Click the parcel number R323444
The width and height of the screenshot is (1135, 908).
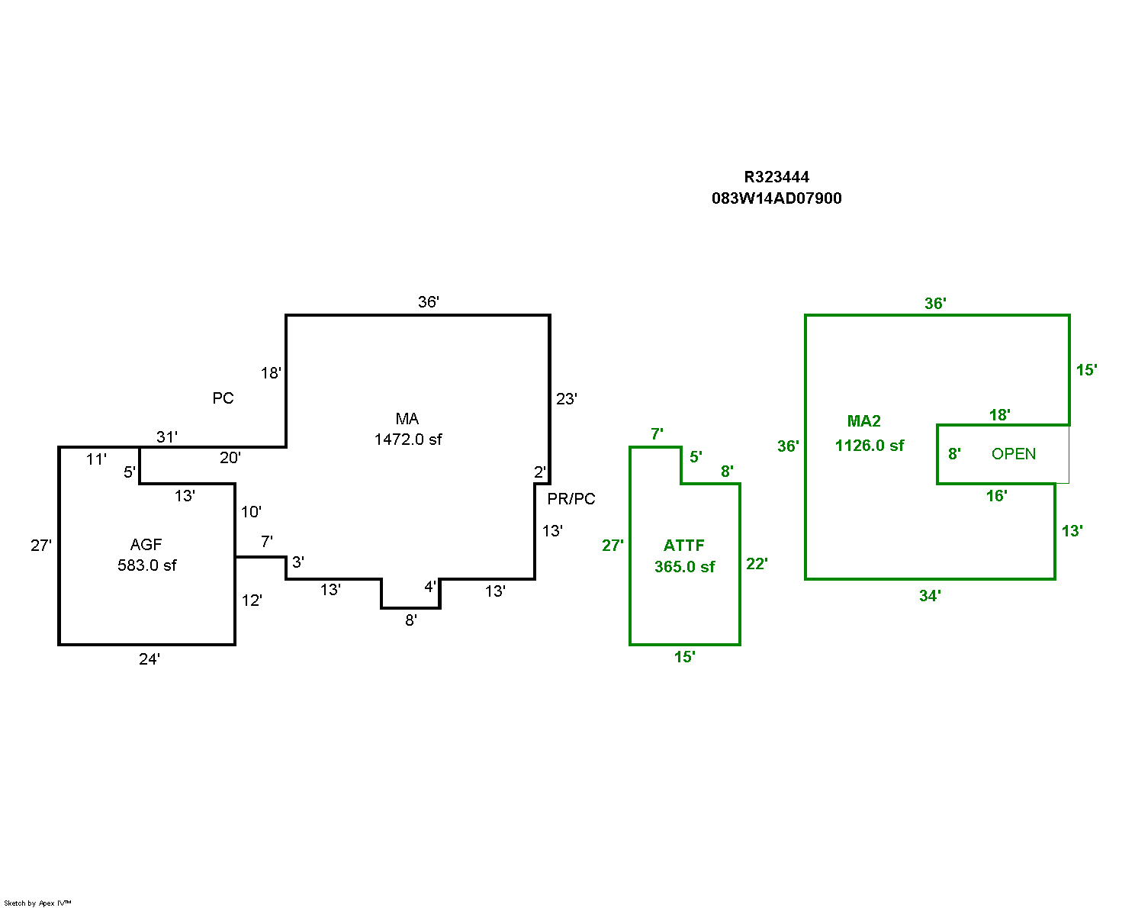pyautogui.click(x=776, y=177)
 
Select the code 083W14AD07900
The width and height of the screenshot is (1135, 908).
pyautogui.click(x=776, y=198)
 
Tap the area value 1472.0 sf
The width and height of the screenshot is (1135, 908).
pyautogui.click(x=408, y=440)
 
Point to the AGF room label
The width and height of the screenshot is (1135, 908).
pyautogui.click(x=146, y=545)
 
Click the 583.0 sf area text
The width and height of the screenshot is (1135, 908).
pyautogui.click(x=147, y=565)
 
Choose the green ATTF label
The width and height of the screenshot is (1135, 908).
pyautogui.click(x=684, y=546)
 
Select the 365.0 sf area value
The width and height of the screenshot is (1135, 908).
pyautogui.click(x=685, y=567)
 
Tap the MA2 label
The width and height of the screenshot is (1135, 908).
pyautogui.click(x=864, y=421)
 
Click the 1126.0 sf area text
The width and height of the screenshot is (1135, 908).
pyautogui.click(x=870, y=446)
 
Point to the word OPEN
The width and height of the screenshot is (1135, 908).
pyautogui.click(x=1014, y=454)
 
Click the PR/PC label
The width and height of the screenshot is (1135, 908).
pyautogui.click(x=571, y=499)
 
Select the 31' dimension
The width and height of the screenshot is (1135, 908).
pyautogui.click(x=167, y=437)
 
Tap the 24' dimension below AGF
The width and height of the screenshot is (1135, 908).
pyautogui.click(x=150, y=659)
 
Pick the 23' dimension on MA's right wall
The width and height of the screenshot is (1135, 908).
pyautogui.click(x=567, y=399)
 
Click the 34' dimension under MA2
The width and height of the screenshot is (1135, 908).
pyautogui.click(x=930, y=596)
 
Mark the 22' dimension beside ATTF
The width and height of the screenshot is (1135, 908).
pyautogui.click(x=757, y=564)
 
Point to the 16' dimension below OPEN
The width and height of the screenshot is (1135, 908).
pyautogui.click(x=996, y=496)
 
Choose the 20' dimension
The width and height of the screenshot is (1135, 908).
pyautogui.click(x=230, y=458)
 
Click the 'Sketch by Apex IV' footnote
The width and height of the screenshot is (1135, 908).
pyautogui.click(x=37, y=903)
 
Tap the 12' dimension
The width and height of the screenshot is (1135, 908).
pyautogui.click(x=252, y=601)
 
